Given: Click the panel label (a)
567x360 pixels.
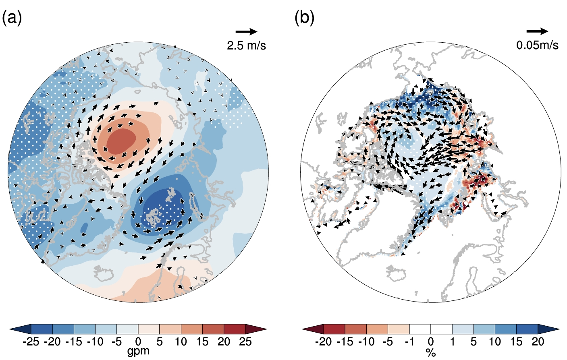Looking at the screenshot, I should coord(12,18).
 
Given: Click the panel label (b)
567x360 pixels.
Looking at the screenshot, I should coord(304,18).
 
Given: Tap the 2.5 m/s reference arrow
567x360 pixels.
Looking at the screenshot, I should coord(246,31).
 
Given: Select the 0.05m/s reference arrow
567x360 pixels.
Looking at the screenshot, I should coord(537,31).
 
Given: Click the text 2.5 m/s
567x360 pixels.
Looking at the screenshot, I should coord(246,45).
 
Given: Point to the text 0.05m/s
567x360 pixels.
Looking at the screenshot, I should coord(537,45).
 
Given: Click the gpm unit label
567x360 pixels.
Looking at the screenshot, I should coord(138,351).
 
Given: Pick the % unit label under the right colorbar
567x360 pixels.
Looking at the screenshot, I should coord(431,353).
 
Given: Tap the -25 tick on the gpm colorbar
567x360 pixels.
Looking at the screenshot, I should coord(31,342).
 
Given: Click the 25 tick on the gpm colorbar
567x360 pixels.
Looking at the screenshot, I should coord(245,342).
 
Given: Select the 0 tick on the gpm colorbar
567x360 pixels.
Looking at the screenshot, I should coord(138,342).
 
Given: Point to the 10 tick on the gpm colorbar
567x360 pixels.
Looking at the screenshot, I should coord(181,342).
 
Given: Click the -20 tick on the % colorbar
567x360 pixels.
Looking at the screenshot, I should coord(323,342).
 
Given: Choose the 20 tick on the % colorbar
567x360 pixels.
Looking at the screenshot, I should coord(538,342).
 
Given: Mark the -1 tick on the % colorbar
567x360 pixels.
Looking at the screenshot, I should coord(409,342).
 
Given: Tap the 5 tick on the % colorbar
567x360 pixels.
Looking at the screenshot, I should coord(474,342).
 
